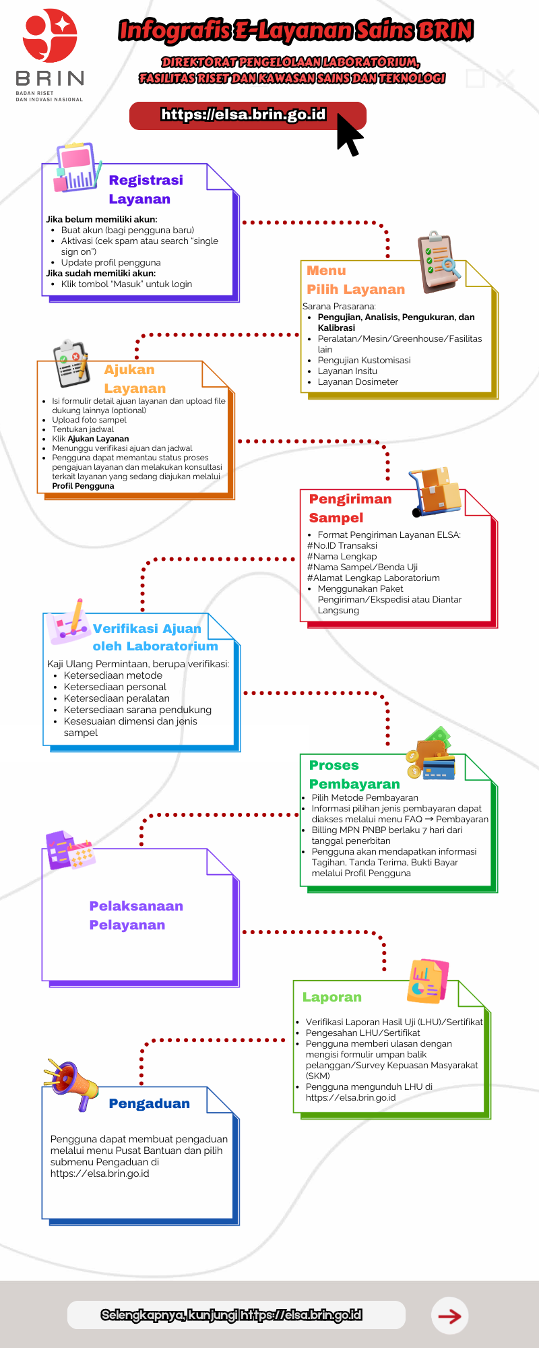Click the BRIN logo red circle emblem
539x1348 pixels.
pos(50,36)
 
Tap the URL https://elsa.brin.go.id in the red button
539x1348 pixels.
pos(243,115)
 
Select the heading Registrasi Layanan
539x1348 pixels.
pos(146,189)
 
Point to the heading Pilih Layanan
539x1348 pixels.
pos(356,289)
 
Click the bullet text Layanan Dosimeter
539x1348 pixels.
pos(358,381)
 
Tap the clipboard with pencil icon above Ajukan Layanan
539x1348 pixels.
pos(71,365)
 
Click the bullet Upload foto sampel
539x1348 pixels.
pos(89,420)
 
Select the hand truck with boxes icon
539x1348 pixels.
pos(435,491)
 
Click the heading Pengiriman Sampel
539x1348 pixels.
pos(350,508)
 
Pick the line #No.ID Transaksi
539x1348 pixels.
pos(342,545)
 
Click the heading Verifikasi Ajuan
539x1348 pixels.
pos(147,629)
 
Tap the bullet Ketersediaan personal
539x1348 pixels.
pos(115,687)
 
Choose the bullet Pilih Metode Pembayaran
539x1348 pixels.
pos(364,797)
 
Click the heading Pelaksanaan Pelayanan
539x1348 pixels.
pos(136,915)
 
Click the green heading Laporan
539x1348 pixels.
pos(331,997)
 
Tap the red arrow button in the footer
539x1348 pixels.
pos(449,1315)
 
